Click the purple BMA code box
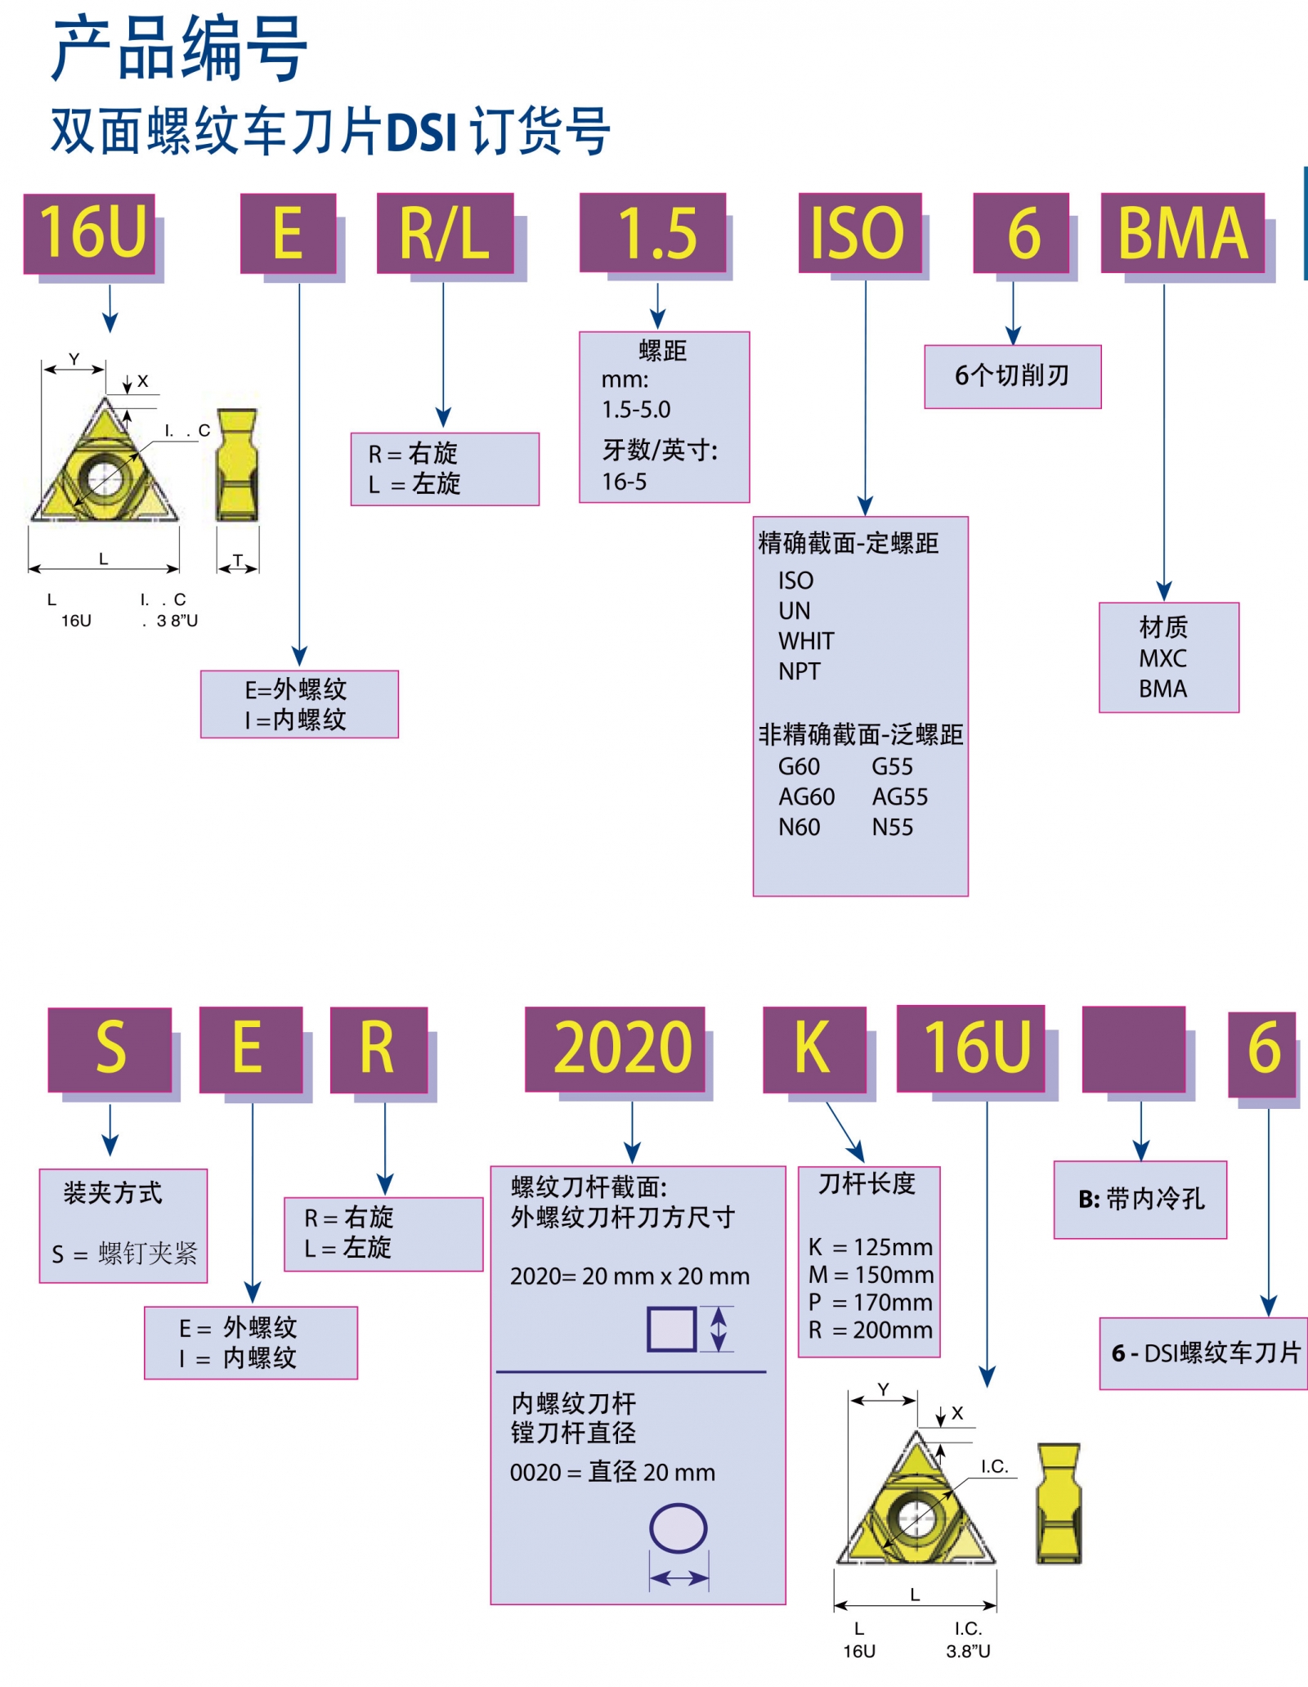1182,233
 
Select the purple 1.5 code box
652,233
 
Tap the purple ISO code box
859,233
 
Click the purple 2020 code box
615,1049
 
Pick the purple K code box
814,1049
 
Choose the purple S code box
110,1049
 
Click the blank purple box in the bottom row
1133,1049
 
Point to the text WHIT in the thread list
806,641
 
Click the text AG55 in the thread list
899,797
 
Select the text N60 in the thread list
799,828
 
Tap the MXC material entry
1162,658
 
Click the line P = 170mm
870,1302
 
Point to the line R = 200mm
870,1330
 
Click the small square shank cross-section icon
671,1329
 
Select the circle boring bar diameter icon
678,1528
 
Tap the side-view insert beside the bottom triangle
1059,1503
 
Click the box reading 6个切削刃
1012,376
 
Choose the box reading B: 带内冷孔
1140,1200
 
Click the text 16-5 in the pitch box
624,482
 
